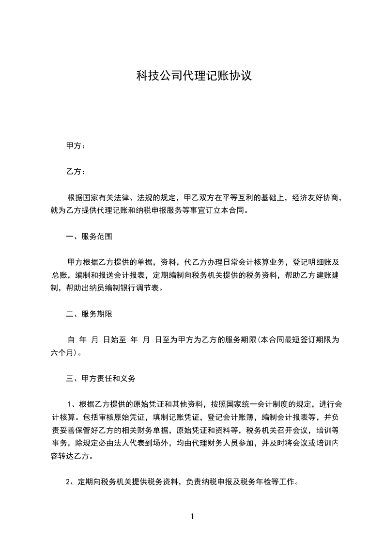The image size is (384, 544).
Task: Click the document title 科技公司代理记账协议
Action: (194, 76)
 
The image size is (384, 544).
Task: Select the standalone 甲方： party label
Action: (76, 145)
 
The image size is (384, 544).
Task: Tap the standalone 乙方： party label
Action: (76, 172)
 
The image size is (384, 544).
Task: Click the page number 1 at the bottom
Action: (192, 516)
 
